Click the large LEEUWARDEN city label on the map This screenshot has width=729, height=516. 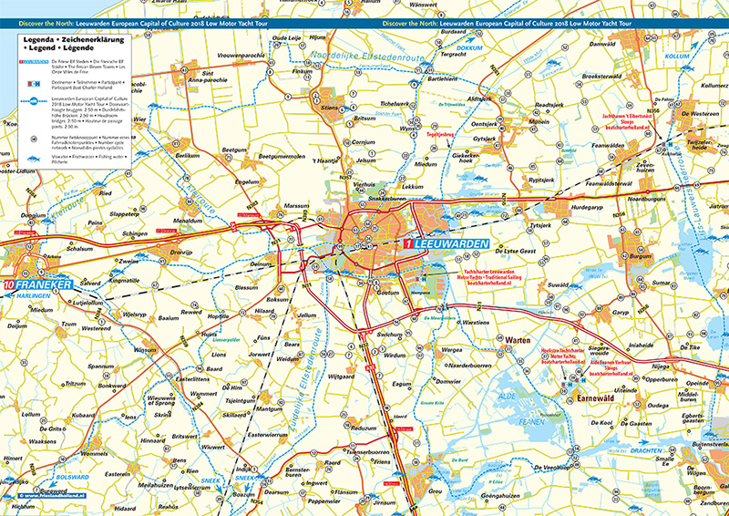[x=451, y=245]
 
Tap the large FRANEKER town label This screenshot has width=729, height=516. [x=42, y=285]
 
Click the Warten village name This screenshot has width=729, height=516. [x=518, y=340]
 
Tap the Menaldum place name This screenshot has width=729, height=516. [x=187, y=221]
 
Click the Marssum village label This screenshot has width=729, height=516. [x=296, y=207]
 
